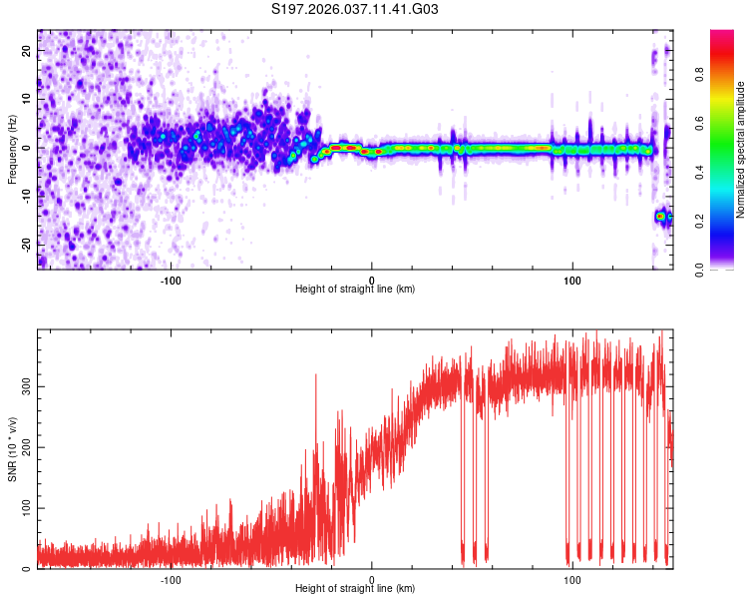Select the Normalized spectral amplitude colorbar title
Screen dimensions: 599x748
741,150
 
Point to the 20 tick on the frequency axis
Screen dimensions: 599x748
28,52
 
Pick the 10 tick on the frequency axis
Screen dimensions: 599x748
28,100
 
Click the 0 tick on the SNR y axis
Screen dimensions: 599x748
28,569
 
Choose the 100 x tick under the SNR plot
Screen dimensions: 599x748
572,578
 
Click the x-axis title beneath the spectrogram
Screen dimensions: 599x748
355,289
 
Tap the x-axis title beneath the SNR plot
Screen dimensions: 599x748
355,589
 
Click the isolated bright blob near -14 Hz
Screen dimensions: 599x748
660,216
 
